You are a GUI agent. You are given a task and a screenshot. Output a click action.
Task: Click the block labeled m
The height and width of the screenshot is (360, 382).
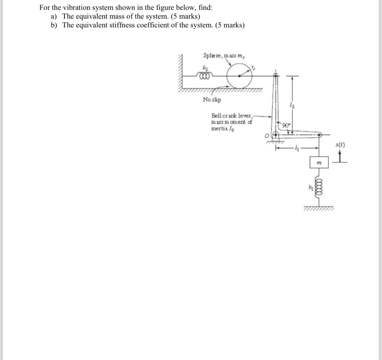[319, 163]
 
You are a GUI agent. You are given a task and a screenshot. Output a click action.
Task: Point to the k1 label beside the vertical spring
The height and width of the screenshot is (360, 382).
[310, 187]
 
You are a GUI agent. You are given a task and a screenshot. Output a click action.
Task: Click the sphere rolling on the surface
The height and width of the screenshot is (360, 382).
[239, 76]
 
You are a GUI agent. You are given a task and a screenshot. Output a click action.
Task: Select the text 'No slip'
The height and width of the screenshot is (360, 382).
[212, 100]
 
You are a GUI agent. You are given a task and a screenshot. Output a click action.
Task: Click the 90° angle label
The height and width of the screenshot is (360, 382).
[287, 125]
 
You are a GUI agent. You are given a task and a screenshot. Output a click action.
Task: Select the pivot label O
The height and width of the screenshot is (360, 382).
[267, 137]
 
